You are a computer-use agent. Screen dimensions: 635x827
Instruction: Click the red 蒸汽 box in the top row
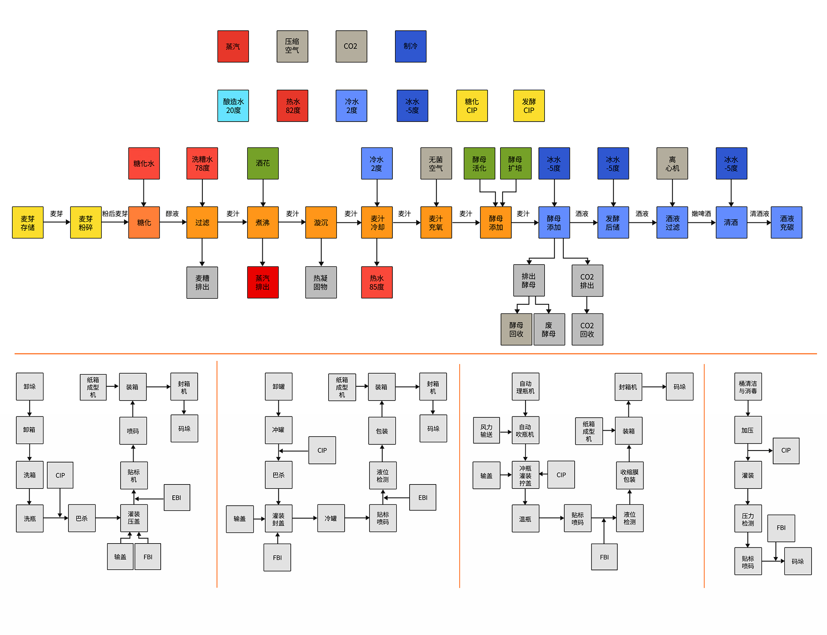pos(233,47)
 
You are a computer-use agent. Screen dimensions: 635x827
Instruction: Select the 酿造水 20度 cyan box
pos(233,106)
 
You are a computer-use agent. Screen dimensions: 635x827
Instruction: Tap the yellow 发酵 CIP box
pos(529,106)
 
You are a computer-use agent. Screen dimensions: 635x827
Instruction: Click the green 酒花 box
pos(263,163)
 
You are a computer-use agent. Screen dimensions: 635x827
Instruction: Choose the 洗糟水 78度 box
pos(202,163)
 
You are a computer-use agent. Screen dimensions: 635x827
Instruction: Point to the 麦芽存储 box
pos(28,222)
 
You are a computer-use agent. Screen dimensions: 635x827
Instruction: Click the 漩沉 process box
pos(321,222)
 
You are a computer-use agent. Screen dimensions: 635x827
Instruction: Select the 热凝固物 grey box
pos(321,282)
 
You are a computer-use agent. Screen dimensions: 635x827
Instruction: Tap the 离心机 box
pos(672,163)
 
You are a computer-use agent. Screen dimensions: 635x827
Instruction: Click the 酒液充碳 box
pos(787,222)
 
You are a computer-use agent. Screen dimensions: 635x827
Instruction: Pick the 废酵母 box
pos(549,329)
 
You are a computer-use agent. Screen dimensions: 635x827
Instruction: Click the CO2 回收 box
pos(587,329)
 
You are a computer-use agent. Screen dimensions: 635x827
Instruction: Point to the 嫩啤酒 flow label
pos(701,214)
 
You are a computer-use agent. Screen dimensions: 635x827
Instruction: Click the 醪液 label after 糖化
pos(172,214)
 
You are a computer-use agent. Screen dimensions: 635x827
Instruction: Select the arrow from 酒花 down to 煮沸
pos(263,193)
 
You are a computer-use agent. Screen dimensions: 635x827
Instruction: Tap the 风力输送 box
pos(486,430)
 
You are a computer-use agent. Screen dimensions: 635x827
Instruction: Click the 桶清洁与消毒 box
pos(748,387)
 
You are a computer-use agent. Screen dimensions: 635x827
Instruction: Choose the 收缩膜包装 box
pos(629,475)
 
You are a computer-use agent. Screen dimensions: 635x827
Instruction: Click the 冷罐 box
pos(331,518)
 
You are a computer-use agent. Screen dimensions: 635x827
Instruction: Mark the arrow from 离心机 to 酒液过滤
pos(672,193)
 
